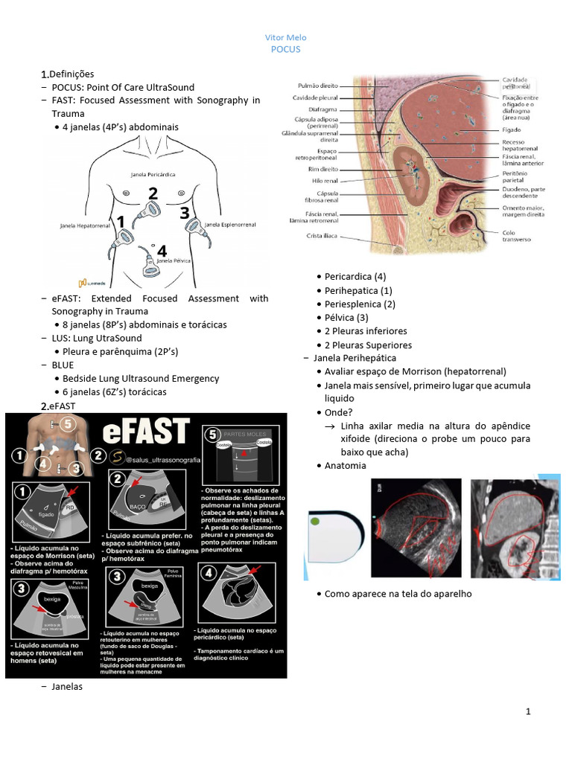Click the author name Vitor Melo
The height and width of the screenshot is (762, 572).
pyautogui.click(x=285, y=38)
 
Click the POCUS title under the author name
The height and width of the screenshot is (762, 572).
pyautogui.click(x=285, y=49)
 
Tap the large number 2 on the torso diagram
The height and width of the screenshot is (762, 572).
pyautogui.click(x=153, y=193)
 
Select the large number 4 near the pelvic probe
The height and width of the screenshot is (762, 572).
pyautogui.click(x=162, y=252)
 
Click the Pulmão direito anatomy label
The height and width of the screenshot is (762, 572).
pyautogui.click(x=318, y=86)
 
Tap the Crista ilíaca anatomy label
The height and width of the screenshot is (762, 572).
pyautogui.click(x=322, y=236)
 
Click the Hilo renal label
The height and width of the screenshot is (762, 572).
pyautogui.click(x=325, y=180)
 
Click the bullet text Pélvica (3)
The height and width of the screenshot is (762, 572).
pyautogui.click(x=349, y=318)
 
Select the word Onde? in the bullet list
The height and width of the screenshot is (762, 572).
pyautogui.click(x=340, y=412)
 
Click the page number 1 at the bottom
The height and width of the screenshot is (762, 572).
pyautogui.click(x=528, y=712)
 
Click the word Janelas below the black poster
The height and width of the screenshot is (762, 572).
pyautogui.click(x=67, y=687)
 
